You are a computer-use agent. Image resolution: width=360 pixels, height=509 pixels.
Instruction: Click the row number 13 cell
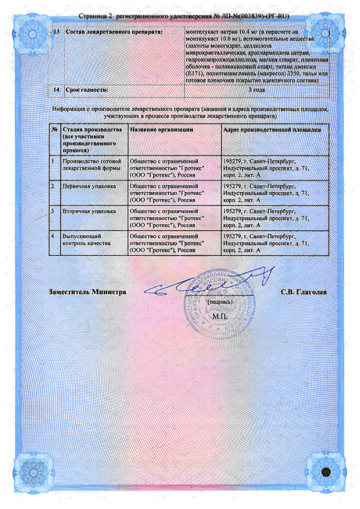[x=57, y=33]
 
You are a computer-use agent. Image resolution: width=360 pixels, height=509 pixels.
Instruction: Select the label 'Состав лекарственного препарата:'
[x=114, y=33]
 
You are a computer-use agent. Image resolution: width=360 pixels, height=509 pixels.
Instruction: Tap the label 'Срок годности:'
[x=87, y=90]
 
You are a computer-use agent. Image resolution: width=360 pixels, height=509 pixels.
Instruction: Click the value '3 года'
[x=257, y=90]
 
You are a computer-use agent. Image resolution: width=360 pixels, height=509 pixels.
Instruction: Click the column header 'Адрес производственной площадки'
[x=272, y=130]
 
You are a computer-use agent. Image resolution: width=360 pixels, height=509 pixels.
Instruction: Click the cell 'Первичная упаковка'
[x=88, y=186]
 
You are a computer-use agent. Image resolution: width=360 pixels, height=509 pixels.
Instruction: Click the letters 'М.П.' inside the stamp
[x=219, y=315]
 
